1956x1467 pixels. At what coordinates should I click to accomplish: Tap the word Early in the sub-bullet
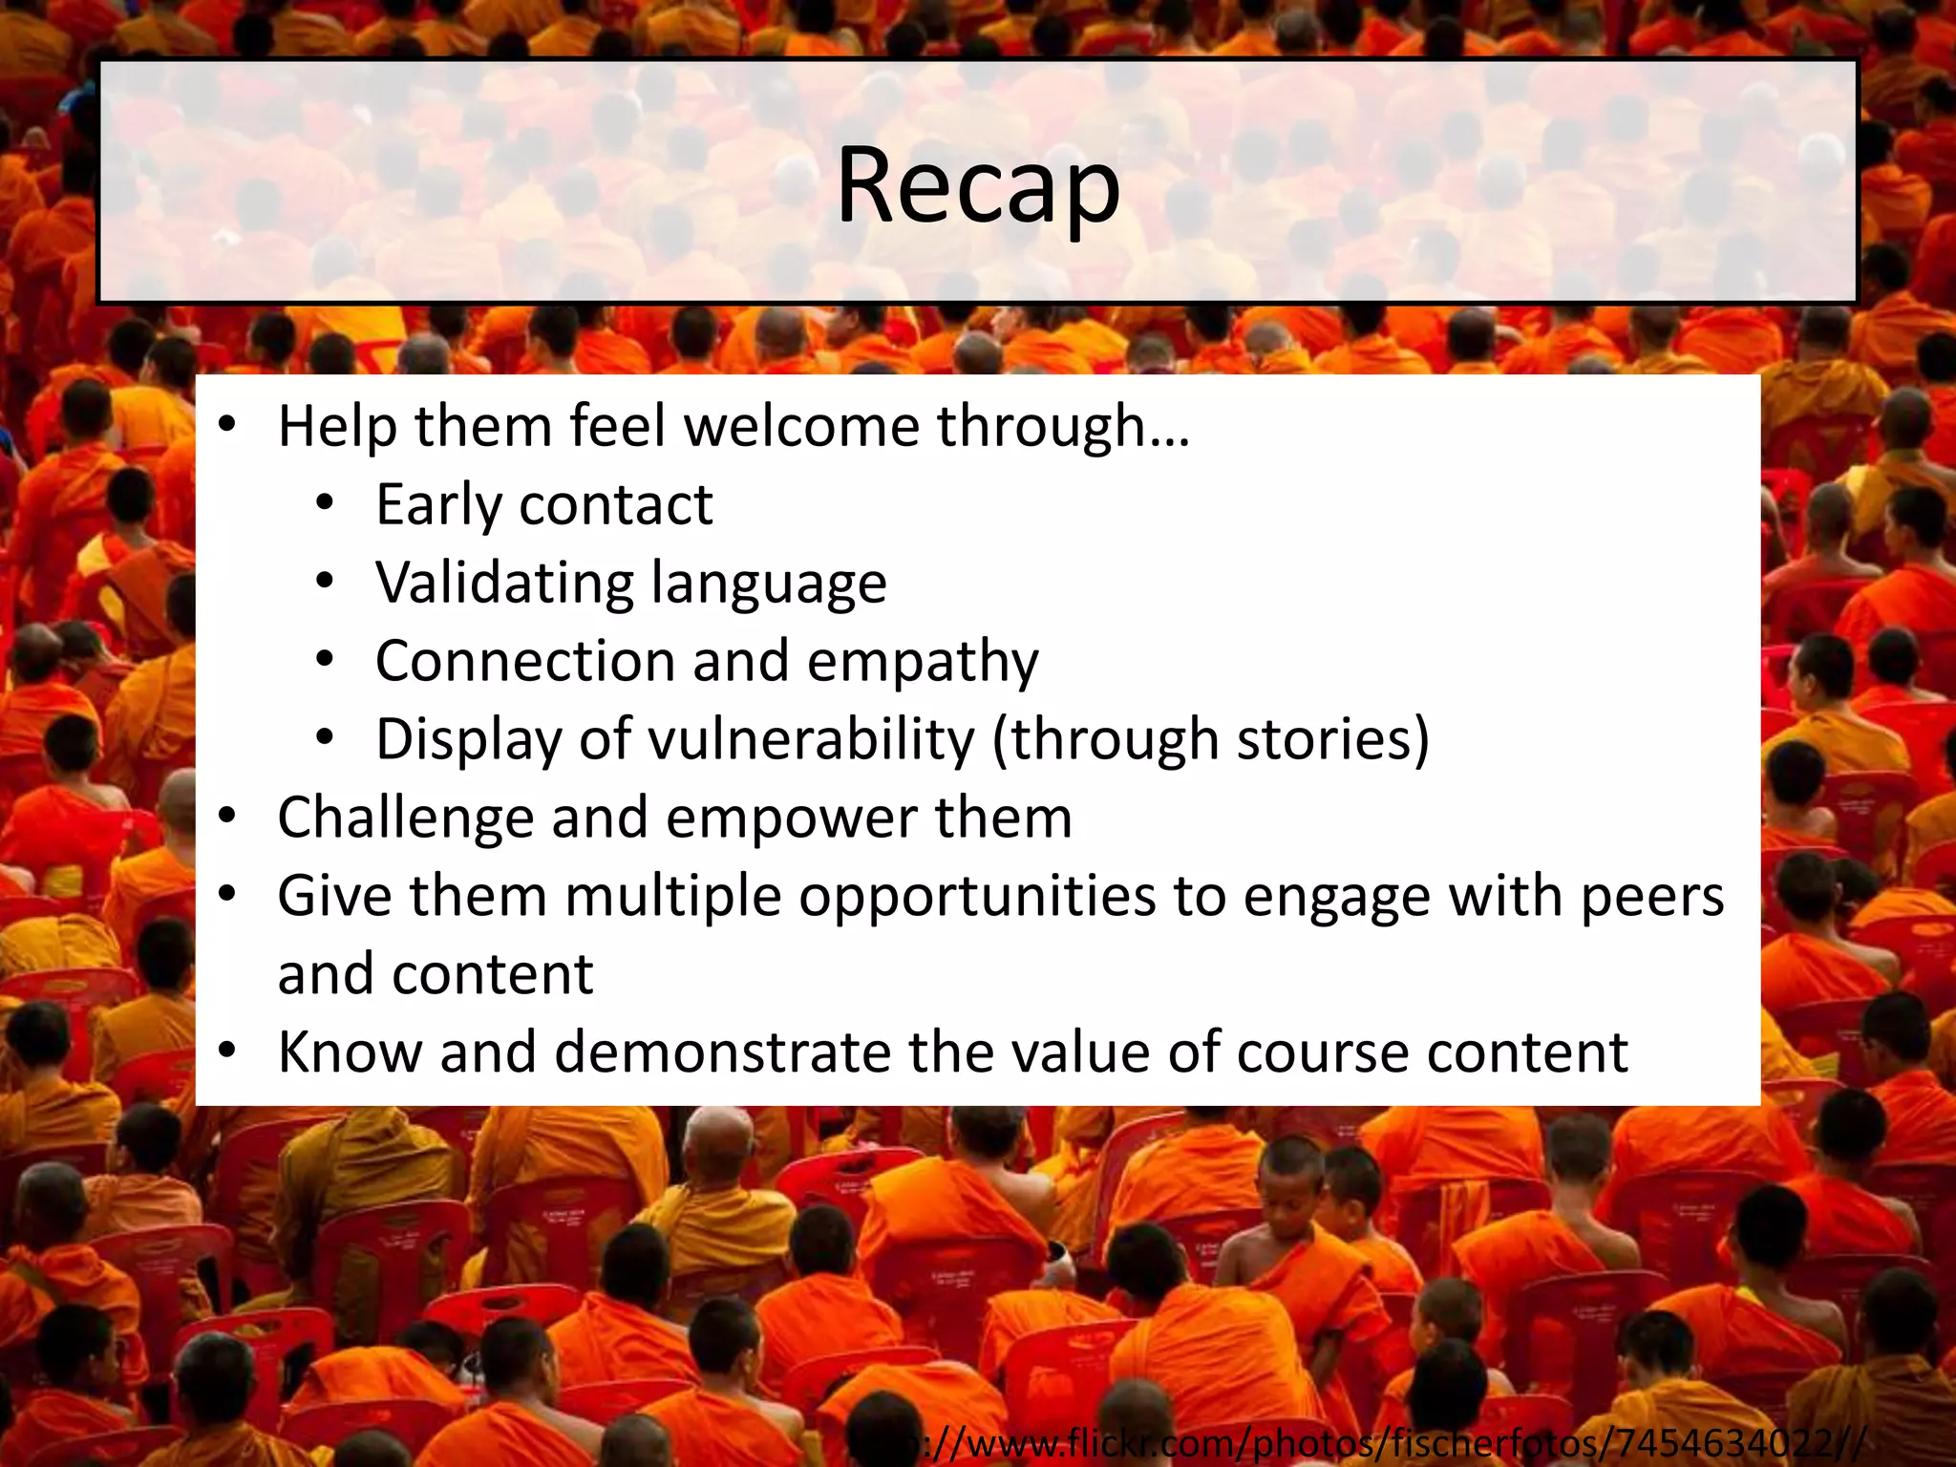tap(437, 505)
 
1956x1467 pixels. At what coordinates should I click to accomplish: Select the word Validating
tap(502, 584)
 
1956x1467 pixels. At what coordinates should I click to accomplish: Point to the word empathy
tap(922, 662)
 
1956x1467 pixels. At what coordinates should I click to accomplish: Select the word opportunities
tap(977, 897)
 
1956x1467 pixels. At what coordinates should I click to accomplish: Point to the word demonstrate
tap(722, 1052)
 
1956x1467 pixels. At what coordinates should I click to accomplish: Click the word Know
tap(350, 1052)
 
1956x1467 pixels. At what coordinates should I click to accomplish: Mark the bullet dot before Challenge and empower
tap(227, 818)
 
